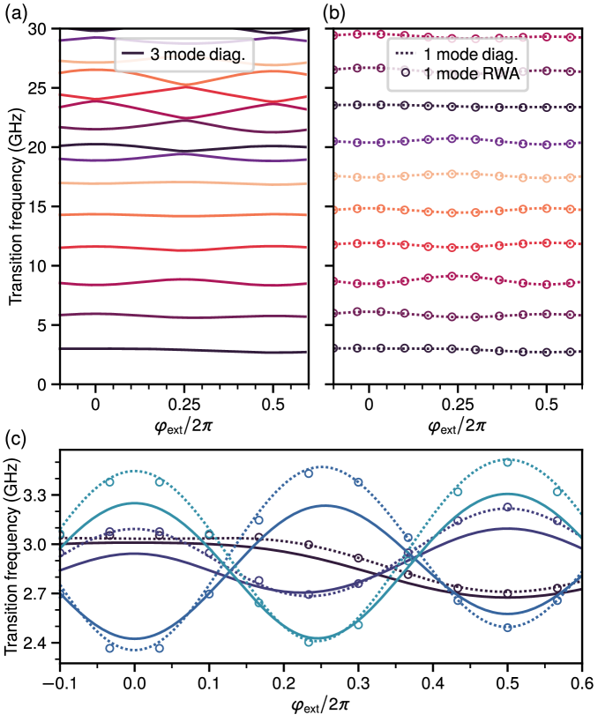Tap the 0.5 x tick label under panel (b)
pyautogui.click(x=546, y=399)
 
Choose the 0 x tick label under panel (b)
pyautogui.click(x=370, y=399)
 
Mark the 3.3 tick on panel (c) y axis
pyautogui.click(x=39, y=496)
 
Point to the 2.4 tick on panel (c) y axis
pyautogui.click(x=39, y=644)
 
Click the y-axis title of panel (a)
pyautogui.click(x=17, y=206)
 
